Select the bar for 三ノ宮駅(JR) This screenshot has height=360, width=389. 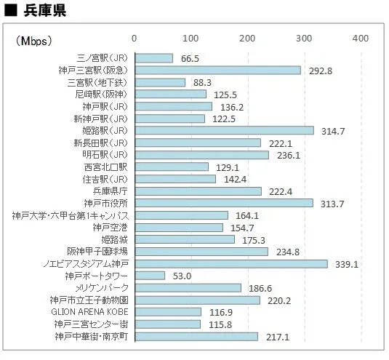click(153, 58)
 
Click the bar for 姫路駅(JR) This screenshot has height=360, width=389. click(224, 130)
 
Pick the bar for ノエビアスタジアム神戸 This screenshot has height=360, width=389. click(230, 263)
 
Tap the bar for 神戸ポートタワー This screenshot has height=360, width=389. click(150, 276)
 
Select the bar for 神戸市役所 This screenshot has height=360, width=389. click(223, 203)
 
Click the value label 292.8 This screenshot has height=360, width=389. click(320, 71)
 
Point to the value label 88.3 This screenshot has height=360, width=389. click(203, 83)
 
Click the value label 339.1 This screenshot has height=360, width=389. click(346, 264)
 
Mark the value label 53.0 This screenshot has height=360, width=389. click(183, 276)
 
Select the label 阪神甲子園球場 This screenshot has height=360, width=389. click(98, 252)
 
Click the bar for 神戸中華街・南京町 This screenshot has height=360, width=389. click(196, 336)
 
